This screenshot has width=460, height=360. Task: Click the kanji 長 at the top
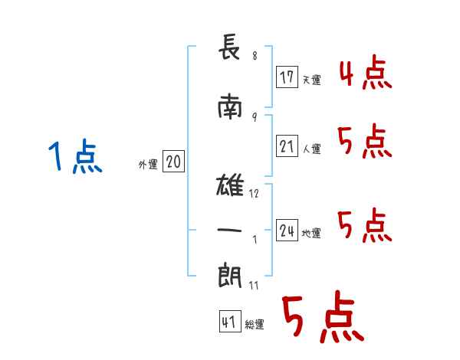click(229, 47)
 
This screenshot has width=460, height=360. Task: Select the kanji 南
click(230, 106)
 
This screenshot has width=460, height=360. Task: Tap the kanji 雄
click(230, 185)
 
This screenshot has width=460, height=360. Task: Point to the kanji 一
click(229, 230)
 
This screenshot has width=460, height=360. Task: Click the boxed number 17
click(287, 77)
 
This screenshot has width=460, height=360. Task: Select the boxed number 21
click(287, 146)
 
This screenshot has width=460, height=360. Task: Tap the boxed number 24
click(287, 230)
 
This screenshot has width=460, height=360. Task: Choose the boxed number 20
click(173, 162)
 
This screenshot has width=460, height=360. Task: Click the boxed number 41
click(230, 322)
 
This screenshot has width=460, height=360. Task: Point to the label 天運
click(311, 80)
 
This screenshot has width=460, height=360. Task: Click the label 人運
click(311, 149)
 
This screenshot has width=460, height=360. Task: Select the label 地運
click(311, 233)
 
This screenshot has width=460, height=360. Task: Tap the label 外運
click(148, 165)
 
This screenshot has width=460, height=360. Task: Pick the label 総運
click(255, 324)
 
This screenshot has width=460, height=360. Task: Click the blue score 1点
click(75, 156)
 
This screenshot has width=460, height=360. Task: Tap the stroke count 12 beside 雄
click(254, 194)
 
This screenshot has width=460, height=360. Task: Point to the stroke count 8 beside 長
click(255, 56)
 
